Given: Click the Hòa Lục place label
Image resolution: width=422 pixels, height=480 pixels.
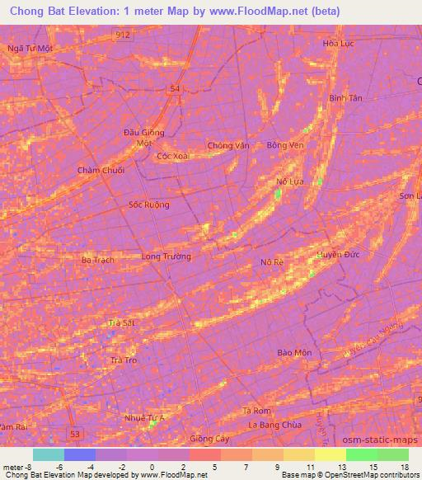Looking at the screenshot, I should pyautogui.click(x=338, y=44).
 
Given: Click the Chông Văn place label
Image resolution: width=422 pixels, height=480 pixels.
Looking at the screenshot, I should pyautogui.click(x=228, y=145).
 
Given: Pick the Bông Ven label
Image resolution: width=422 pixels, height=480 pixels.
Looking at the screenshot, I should pyautogui.click(x=285, y=145).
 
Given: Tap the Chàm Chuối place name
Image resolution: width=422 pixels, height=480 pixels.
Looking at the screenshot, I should pyautogui.click(x=101, y=170).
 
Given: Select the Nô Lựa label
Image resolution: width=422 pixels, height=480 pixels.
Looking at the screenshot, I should pyautogui.click(x=290, y=181).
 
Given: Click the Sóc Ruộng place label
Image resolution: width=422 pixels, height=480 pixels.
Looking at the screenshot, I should pyautogui.click(x=149, y=205).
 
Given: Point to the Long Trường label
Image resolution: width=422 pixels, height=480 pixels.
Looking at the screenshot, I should pyautogui.click(x=166, y=256).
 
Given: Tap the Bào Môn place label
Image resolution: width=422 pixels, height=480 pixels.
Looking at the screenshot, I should pyautogui.click(x=294, y=353).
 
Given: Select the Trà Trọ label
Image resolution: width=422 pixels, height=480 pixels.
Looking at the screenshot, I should pyautogui.click(x=123, y=360).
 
